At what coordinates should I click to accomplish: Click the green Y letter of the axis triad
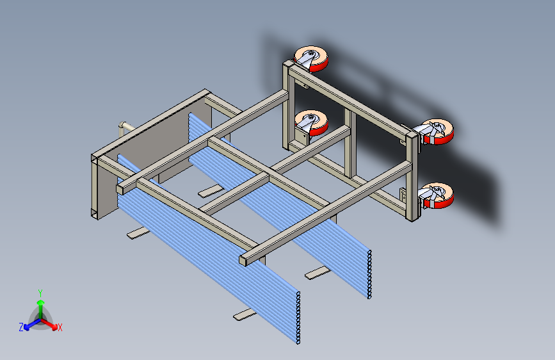pyautogui.click(x=40, y=293)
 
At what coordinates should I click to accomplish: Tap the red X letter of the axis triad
pyautogui.click(x=60, y=328)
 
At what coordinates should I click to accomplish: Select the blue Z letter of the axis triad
pyautogui.click(x=21, y=327)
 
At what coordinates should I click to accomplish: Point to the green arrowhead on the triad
pyautogui.click(x=41, y=302)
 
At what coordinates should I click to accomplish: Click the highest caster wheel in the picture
pyautogui.click(x=311, y=58)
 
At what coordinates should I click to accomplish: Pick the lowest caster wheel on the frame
pyautogui.click(x=436, y=195)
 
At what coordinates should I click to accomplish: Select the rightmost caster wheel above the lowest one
pyautogui.click(x=436, y=131)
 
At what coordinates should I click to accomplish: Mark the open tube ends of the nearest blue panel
pyautogui.click(x=298, y=318)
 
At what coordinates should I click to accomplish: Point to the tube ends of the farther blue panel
pyautogui.click(x=369, y=275)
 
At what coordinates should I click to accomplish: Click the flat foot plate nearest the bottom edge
pyautogui.click(x=245, y=315)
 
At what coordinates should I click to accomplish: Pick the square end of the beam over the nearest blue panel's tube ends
pyautogui.click(x=243, y=261)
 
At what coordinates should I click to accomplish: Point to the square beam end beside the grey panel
pyautogui.click(x=120, y=189)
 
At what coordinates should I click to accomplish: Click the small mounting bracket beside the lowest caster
pyautogui.click(x=403, y=195)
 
